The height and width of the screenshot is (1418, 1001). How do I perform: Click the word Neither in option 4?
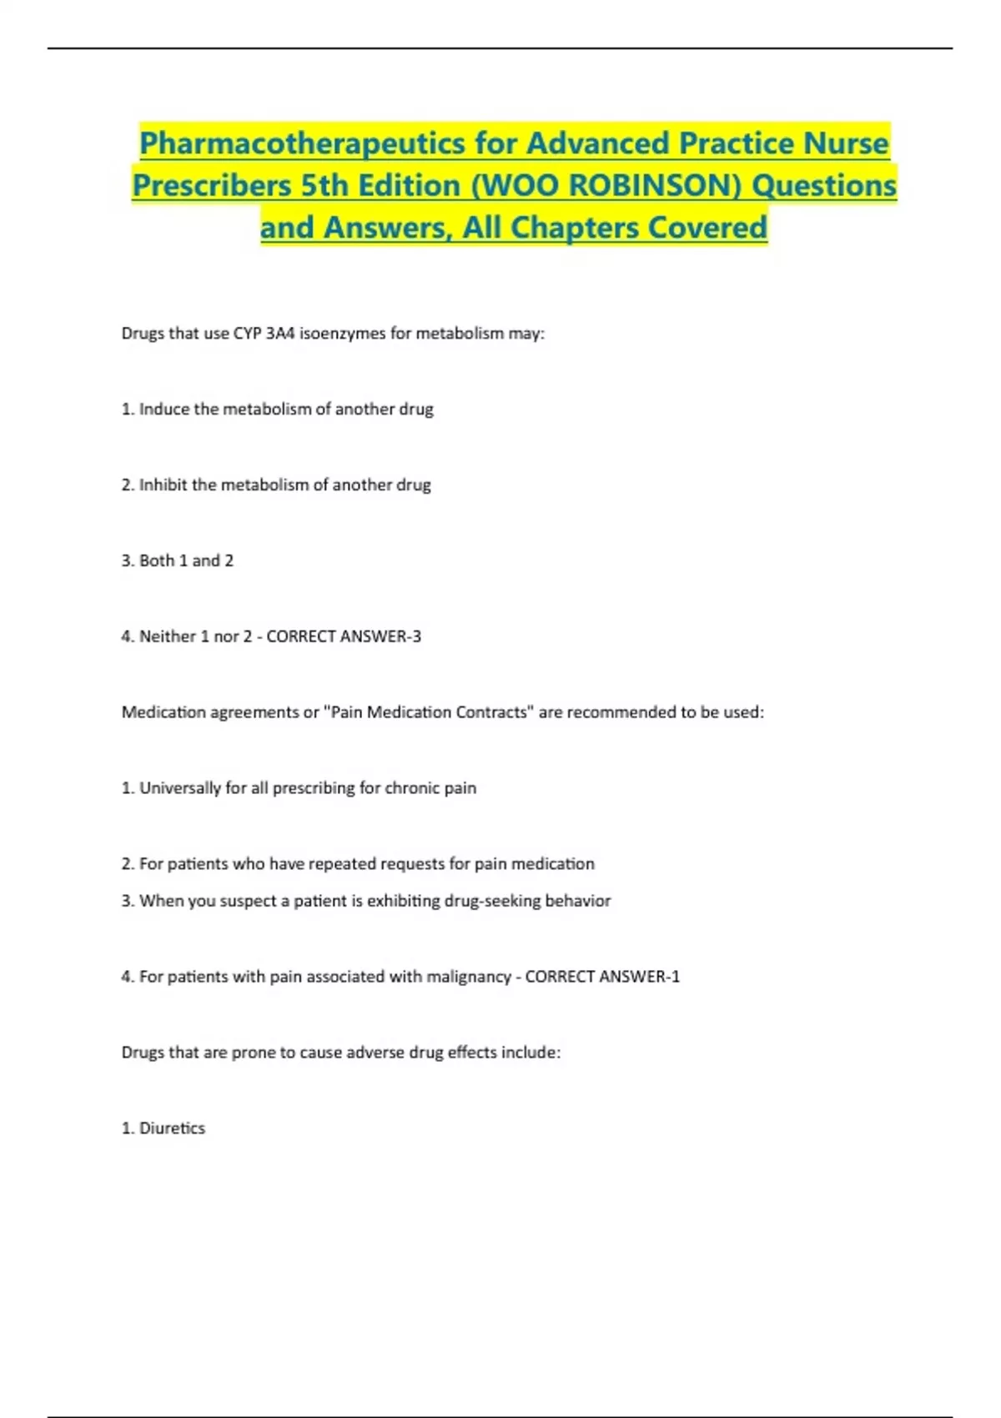tap(168, 636)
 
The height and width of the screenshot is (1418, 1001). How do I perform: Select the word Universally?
tap(180, 788)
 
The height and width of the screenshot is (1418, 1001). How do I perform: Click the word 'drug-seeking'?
tap(492, 901)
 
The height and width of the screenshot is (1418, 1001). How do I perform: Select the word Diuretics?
tap(172, 1129)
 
